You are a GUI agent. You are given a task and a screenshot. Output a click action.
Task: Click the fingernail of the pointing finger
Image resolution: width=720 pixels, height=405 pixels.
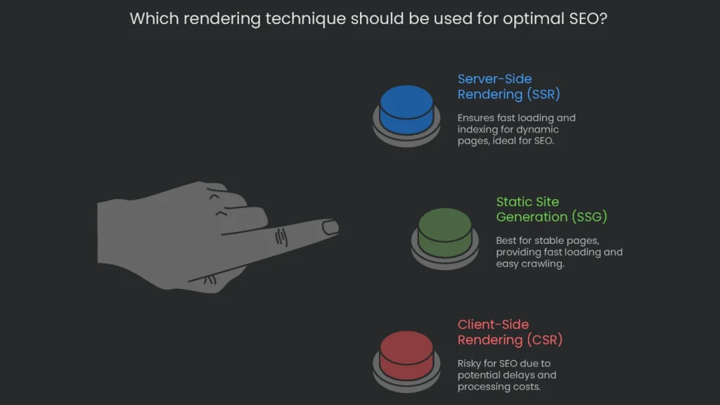tap(330, 227)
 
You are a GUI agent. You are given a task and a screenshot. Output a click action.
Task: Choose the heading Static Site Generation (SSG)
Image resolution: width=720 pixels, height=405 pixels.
tap(551, 210)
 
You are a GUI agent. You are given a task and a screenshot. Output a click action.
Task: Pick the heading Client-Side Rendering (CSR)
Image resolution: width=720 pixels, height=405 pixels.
tap(510, 332)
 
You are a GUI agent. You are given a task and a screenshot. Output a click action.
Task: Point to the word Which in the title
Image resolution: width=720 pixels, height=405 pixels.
tap(153, 19)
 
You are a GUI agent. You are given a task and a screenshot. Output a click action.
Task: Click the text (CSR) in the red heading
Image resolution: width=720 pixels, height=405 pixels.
tap(544, 340)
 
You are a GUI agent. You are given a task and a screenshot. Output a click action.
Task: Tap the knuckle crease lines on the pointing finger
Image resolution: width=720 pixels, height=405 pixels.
tap(281, 237)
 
